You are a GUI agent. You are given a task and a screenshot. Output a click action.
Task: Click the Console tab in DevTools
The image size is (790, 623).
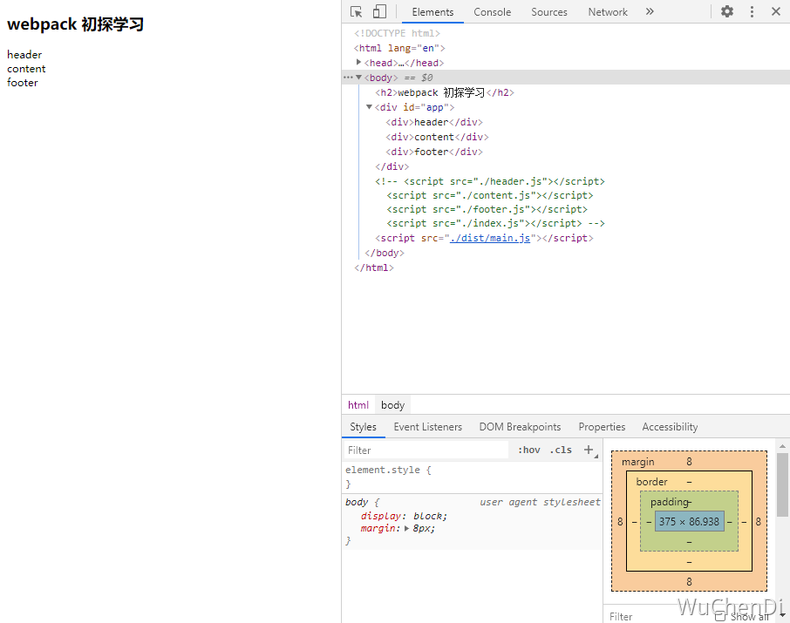tap(493, 12)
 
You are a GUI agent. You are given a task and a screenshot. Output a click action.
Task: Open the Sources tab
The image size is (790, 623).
tap(549, 12)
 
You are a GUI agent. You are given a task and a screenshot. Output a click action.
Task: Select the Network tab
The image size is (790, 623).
tap(608, 12)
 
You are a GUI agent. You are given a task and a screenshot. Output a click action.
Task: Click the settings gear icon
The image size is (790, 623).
tap(727, 12)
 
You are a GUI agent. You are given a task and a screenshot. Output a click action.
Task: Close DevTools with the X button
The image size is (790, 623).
tap(776, 12)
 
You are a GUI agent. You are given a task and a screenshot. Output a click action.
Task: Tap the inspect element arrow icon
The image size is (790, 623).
tap(357, 12)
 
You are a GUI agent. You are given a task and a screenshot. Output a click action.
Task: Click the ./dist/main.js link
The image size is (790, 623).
tap(490, 239)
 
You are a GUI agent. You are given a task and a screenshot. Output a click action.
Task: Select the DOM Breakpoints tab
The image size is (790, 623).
tap(520, 427)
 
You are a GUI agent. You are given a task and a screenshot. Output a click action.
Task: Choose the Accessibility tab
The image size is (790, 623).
tap(670, 427)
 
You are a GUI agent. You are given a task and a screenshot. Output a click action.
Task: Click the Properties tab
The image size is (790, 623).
tap(602, 427)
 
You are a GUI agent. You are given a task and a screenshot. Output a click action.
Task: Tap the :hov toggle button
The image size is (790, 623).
tap(529, 450)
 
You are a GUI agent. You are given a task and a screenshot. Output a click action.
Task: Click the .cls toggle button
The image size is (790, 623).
tap(562, 450)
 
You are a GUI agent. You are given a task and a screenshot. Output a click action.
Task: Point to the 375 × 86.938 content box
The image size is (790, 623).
tap(689, 522)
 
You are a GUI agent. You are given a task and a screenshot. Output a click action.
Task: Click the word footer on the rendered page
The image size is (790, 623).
tap(23, 83)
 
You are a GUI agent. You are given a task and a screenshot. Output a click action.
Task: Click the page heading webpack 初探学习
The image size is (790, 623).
tap(75, 25)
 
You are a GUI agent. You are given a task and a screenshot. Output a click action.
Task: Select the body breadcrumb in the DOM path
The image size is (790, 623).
tap(393, 405)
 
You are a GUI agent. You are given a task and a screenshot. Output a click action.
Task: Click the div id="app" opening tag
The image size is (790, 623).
tap(415, 107)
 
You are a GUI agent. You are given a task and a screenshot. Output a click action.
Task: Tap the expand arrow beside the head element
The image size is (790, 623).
tap(359, 63)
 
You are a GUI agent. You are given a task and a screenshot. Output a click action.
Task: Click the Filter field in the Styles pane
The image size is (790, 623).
tap(426, 450)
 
